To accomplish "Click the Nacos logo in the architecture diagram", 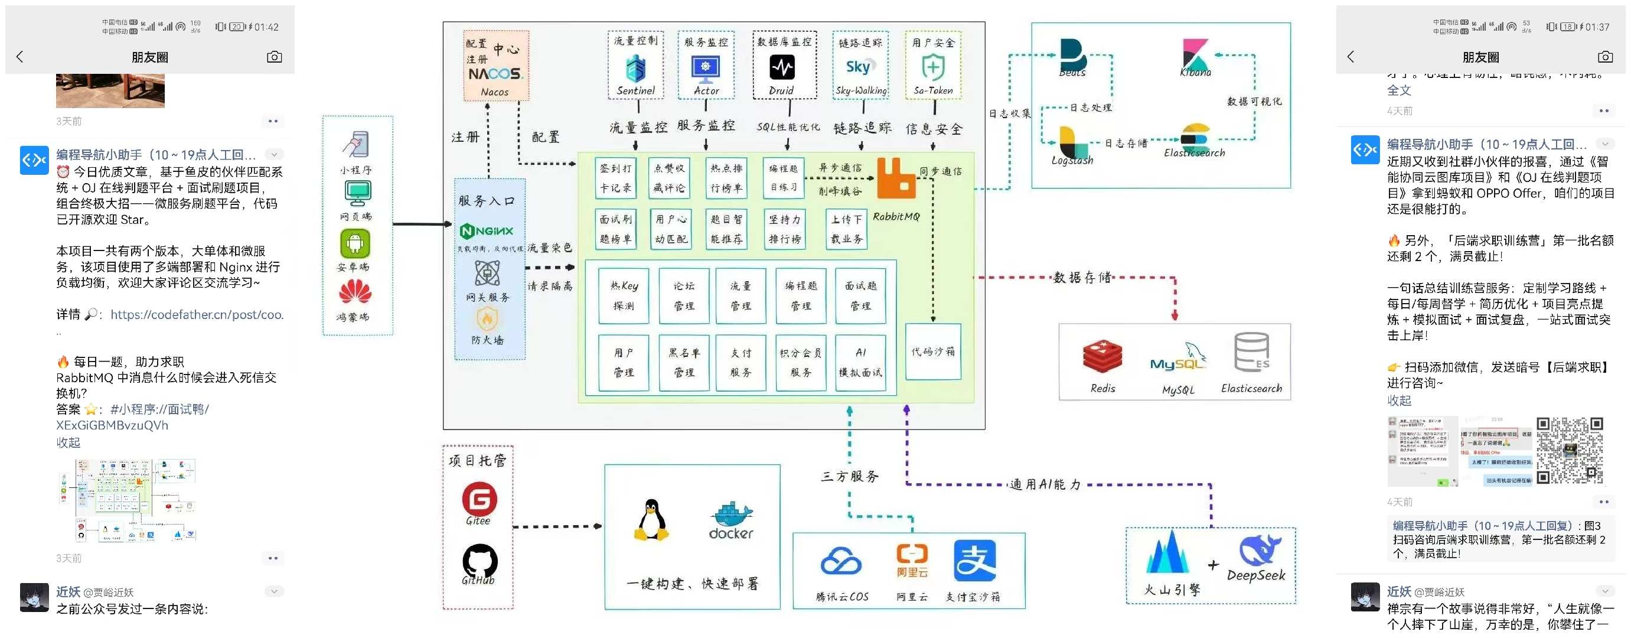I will [494, 73].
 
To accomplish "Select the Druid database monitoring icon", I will [782, 67].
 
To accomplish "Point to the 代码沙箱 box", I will [932, 351].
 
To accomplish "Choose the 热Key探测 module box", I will [624, 295].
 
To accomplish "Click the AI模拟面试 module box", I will [860, 362].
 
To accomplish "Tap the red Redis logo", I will [1102, 356].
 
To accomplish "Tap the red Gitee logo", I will [479, 499].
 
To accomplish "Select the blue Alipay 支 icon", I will [974, 560].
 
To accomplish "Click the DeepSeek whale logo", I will [1259, 549].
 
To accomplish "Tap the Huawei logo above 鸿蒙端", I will [355, 292].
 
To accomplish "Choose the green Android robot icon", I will [355, 243].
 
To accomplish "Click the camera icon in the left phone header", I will [274, 57].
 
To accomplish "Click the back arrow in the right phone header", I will [1351, 57].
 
